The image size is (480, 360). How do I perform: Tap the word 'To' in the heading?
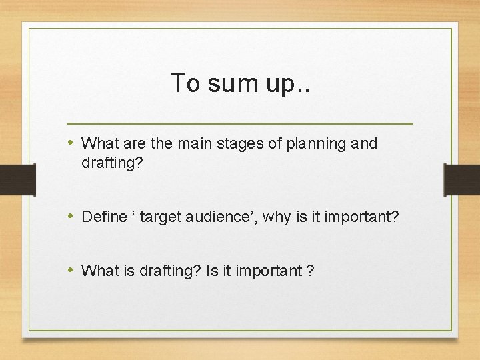point(185,83)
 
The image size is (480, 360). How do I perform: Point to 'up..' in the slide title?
point(293,85)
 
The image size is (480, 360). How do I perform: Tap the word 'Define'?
point(104,216)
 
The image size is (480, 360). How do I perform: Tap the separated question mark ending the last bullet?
point(310,271)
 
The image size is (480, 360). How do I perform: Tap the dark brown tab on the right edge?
point(461,181)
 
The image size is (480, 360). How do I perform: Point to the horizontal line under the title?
point(240,124)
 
